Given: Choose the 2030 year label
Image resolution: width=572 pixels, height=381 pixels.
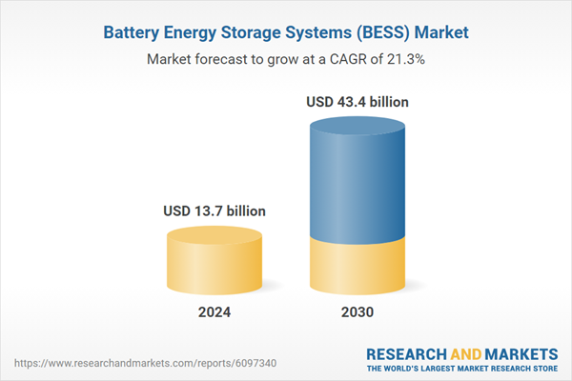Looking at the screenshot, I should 357,312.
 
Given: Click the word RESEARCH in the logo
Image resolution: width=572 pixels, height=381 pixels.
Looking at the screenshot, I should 409,351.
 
